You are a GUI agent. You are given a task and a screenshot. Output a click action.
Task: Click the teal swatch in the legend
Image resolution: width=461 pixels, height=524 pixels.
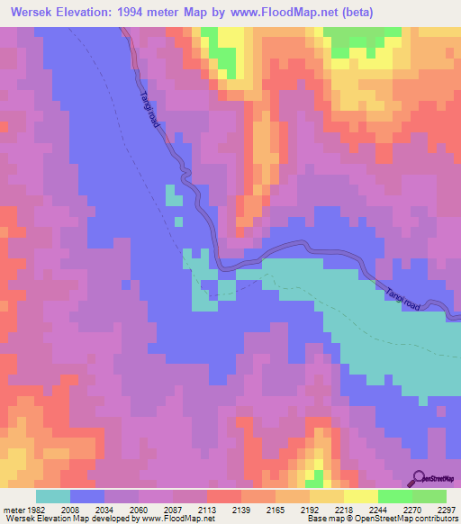pos(53,496)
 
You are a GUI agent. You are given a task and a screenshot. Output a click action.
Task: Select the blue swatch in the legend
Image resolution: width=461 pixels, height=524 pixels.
pos(87,496)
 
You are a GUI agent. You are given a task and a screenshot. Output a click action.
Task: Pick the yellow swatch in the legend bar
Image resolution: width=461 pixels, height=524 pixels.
pos(360,496)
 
